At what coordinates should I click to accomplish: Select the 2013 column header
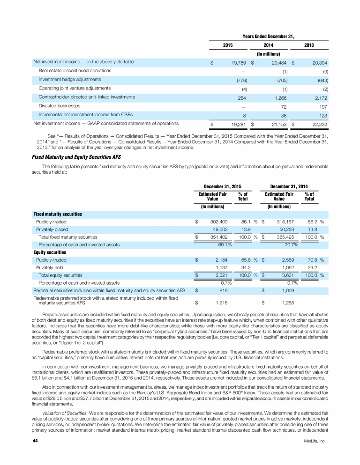tap(309, 45)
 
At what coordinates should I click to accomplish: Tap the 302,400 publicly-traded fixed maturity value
tap(218, 221)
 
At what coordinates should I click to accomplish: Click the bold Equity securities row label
tap(52, 252)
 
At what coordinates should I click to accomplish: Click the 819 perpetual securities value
tap(223, 291)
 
